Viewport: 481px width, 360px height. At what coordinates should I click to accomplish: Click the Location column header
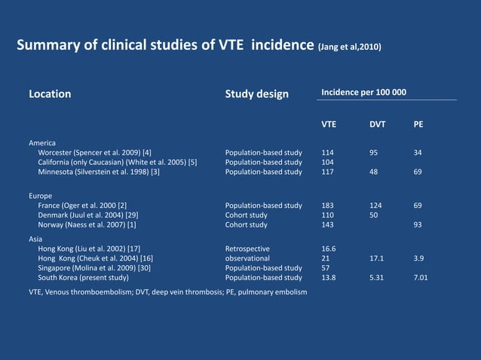(x=50, y=94)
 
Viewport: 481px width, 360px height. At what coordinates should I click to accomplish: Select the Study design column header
(x=256, y=94)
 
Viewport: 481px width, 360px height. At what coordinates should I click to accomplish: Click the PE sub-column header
(x=418, y=124)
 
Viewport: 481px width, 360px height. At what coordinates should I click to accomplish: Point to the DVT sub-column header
(x=377, y=124)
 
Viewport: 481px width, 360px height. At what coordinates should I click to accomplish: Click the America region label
(x=42, y=142)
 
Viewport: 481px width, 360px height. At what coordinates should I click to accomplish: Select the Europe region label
(x=40, y=196)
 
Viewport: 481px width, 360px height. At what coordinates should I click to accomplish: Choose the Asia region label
(x=35, y=238)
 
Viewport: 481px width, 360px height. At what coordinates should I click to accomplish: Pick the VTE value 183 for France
(x=328, y=206)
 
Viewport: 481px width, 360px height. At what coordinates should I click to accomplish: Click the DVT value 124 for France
(x=376, y=206)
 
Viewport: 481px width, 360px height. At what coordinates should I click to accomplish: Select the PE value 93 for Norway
(x=418, y=224)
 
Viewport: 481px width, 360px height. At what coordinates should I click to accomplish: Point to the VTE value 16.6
(x=329, y=248)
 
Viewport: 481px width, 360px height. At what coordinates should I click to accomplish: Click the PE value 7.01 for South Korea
(x=421, y=278)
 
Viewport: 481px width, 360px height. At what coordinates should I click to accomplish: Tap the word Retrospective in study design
(x=247, y=248)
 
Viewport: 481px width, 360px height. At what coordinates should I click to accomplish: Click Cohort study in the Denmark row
(x=246, y=215)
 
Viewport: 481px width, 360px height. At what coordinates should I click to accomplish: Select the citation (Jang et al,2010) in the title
(x=348, y=47)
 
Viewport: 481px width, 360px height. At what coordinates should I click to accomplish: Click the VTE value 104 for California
(x=328, y=162)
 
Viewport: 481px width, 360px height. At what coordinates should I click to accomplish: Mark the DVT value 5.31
(x=377, y=278)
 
